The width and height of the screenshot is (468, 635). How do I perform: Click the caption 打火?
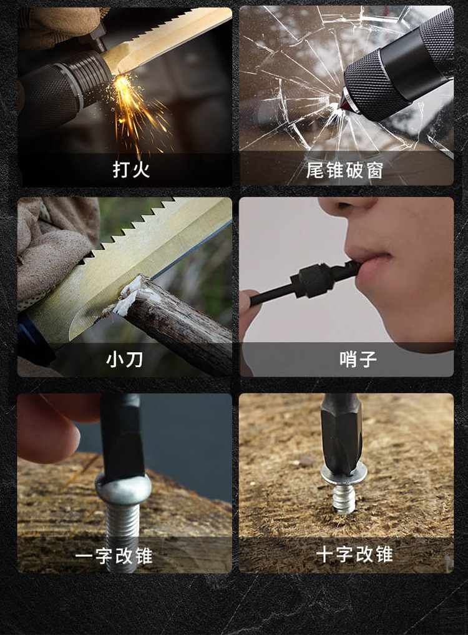[x=131, y=170]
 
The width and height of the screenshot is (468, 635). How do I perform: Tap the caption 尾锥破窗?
[x=344, y=170]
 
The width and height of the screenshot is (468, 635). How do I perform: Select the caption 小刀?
[x=124, y=360]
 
